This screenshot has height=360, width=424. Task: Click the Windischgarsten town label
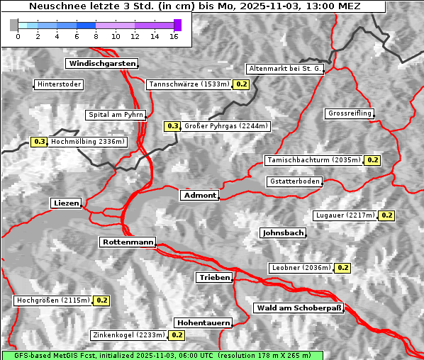(x=101, y=64)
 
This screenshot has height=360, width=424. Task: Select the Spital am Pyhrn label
(x=116, y=115)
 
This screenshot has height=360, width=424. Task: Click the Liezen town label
(x=67, y=203)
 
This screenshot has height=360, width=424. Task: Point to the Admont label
(x=199, y=196)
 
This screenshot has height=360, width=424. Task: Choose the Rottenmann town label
(x=128, y=242)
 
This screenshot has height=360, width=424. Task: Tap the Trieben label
(x=214, y=278)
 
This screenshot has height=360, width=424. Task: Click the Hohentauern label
(x=203, y=322)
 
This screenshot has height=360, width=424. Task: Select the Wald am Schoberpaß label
(x=298, y=308)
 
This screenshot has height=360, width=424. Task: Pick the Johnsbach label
(x=284, y=233)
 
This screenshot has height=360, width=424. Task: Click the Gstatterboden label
(x=294, y=181)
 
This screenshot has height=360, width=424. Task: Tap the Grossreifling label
(x=350, y=113)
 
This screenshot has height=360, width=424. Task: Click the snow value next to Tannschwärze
(x=242, y=84)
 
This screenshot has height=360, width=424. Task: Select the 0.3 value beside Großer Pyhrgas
(x=172, y=126)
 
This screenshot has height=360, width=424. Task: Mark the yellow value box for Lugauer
(x=386, y=215)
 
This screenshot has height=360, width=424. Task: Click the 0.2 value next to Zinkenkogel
(x=177, y=334)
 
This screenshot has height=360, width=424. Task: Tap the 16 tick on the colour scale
(x=174, y=36)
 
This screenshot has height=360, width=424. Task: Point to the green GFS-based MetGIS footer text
(x=162, y=355)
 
